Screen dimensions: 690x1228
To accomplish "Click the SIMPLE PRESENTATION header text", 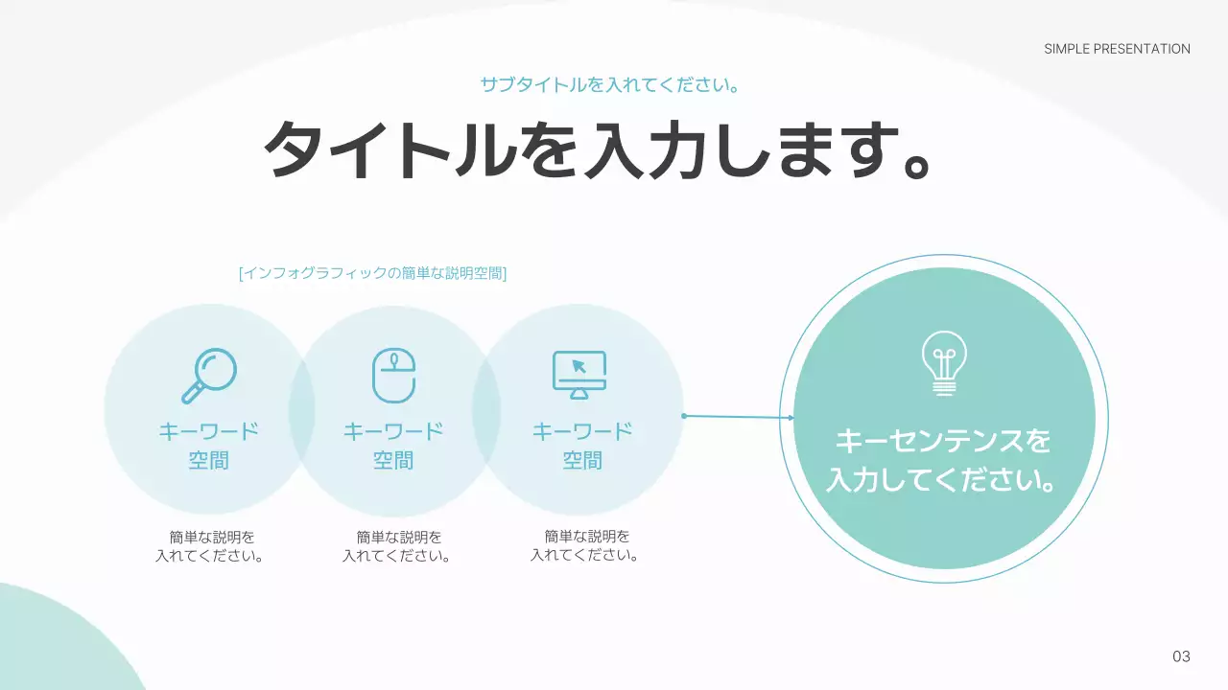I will pos(1117,49).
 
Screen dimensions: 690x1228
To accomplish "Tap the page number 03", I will pos(1181,656).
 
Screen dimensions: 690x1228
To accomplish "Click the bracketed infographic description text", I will pos(372,273).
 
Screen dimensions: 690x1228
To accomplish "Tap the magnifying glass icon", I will pos(209,375).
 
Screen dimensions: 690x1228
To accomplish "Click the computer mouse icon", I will pos(393,375).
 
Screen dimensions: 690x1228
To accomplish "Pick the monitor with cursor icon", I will pos(579,375).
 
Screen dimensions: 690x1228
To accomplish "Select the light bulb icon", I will pos(944,363).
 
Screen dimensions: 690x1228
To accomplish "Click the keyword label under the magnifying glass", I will pos(209,446).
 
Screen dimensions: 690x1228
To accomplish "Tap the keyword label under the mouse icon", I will pos(393,446).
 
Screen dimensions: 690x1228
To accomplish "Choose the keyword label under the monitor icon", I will pos(582,446).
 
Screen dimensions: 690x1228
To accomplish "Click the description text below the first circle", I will pos(210,546).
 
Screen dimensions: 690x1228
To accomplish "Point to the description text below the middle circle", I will pos(397,546).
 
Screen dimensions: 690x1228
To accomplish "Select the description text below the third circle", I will pos(585,546).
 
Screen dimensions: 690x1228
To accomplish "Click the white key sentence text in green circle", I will pos(943,461).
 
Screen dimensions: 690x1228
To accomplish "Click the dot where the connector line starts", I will pos(684,416).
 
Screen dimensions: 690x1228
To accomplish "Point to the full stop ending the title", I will pos(917,167).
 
